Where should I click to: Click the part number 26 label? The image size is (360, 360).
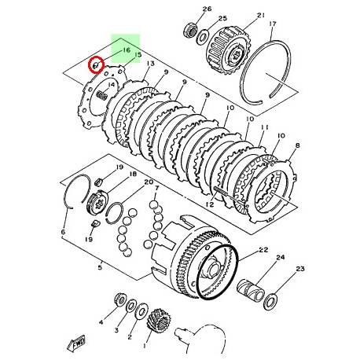pos(185,9)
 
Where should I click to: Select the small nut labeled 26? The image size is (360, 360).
pos(189,31)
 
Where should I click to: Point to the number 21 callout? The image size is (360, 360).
pos(239,13)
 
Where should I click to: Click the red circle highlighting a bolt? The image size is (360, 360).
pos(97,65)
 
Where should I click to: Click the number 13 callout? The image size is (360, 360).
pos(149,64)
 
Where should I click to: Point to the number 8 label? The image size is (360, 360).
pos(297,147)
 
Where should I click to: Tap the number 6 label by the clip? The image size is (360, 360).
pos(62,233)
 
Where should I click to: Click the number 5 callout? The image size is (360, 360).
pos(100,268)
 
